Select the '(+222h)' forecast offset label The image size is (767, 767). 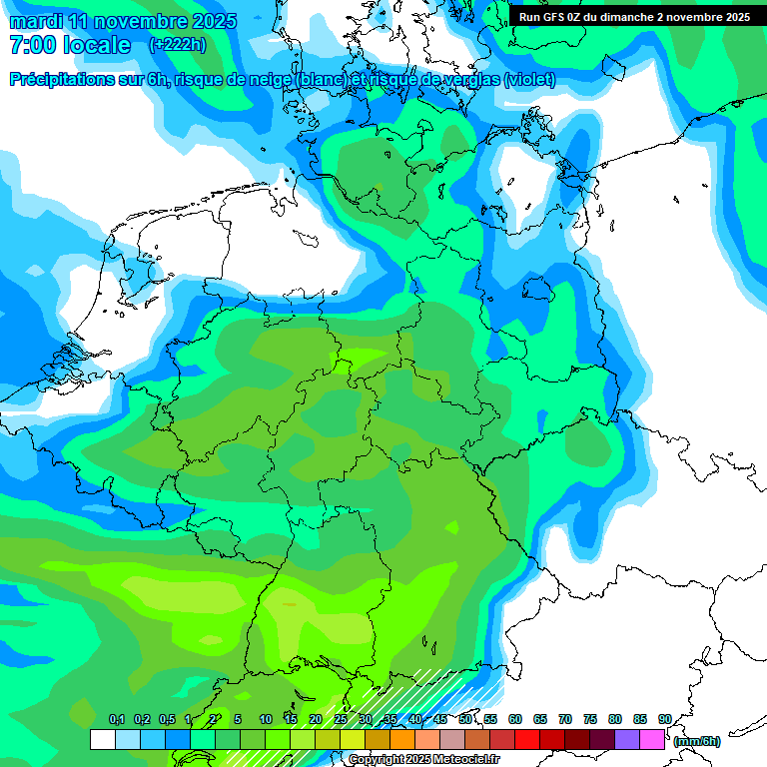(178, 45)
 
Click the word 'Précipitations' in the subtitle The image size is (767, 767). (61, 80)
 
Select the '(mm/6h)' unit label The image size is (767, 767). (697, 741)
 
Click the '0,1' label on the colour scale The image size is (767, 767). (117, 719)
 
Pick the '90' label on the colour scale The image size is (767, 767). (664, 719)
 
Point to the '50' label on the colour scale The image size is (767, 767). (465, 719)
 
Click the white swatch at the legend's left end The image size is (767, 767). (102, 739)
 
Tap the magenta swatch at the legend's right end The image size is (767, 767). (652, 739)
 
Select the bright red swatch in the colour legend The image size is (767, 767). (527, 739)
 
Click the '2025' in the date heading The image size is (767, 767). (208, 21)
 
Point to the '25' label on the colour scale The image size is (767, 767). (341, 719)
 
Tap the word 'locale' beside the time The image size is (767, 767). (97, 46)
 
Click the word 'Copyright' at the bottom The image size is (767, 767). (376, 760)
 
